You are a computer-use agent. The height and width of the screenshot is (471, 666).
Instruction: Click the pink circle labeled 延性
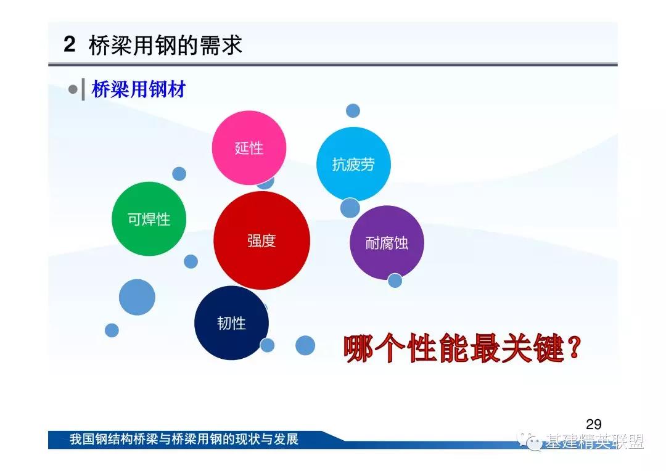(x=249, y=148)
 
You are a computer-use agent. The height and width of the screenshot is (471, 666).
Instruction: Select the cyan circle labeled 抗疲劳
(x=353, y=164)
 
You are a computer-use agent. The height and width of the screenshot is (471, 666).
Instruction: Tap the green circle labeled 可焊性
(x=149, y=219)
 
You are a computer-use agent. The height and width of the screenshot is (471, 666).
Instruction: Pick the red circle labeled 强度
(x=261, y=240)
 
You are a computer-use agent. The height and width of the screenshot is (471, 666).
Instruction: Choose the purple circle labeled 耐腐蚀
(x=387, y=242)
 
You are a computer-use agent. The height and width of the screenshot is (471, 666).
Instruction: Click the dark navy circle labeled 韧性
(x=231, y=323)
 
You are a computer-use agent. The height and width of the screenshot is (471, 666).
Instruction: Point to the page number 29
(x=593, y=424)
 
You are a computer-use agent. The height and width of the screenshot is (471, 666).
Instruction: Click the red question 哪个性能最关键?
(x=462, y=348)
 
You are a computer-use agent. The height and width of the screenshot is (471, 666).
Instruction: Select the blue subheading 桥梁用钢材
(x=139, y=89)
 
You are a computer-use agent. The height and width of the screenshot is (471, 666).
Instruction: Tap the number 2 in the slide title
(x=70, y=44)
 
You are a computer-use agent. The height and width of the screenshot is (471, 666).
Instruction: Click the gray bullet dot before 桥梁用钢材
(x=73, y=89)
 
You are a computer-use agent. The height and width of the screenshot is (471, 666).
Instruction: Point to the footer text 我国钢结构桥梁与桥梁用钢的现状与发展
(x=184, y=439)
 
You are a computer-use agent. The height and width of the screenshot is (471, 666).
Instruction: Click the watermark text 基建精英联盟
(x=594, y=441)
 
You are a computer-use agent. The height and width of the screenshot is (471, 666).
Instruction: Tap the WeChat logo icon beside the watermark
(x=529, y=441)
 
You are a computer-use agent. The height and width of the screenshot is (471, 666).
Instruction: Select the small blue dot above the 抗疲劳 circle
(x=353, y=111)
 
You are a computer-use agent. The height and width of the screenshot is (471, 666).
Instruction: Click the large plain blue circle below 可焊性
(x=137, y=297)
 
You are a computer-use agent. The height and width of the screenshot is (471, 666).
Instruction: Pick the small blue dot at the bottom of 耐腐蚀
(x=395, y=281)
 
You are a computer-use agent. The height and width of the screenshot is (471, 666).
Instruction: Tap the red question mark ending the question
(x=573, y=348)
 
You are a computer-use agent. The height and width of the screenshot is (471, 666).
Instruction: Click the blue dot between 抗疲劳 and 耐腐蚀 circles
(x=350, y=208)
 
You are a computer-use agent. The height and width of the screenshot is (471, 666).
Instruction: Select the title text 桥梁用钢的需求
(x=166, y=44)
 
